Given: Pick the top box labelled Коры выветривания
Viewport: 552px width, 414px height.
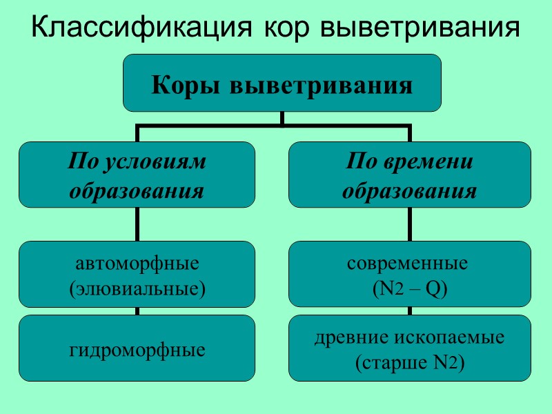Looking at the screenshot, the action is click(282, 83).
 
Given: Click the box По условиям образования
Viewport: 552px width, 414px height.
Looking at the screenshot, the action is click(137, 175).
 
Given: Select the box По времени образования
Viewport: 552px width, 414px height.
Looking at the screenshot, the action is click(409, 175).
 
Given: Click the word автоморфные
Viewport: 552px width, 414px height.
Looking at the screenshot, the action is click(137, 263).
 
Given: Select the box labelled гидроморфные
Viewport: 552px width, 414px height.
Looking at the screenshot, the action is click(137, 348).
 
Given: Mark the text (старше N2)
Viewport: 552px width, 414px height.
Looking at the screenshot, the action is click(409, 362).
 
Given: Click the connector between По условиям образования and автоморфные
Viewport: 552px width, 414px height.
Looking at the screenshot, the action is click(137, 224).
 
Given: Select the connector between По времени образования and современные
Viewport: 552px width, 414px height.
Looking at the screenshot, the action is click(409, 224).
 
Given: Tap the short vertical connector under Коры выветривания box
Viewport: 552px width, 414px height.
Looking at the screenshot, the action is click(282, 119).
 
